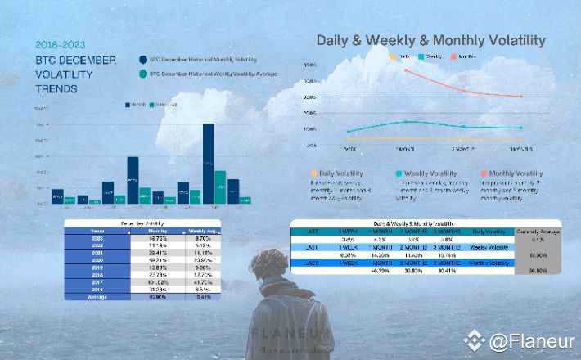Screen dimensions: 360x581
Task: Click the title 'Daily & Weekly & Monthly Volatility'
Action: pyautogui.click(x=431, y=40)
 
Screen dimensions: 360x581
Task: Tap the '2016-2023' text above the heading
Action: pyautogui.click(x=59, y=45)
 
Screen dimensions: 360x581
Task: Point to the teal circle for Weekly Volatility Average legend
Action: pyautogui.click(x=143, y=74)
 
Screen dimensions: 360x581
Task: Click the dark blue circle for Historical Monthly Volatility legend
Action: pyautogui.click(x=143, y=60)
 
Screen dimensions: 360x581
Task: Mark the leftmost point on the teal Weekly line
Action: pyautogui.click(x=348, y=131)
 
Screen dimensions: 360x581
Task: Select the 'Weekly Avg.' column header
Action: pyautogui.click(x=204, y=231)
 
